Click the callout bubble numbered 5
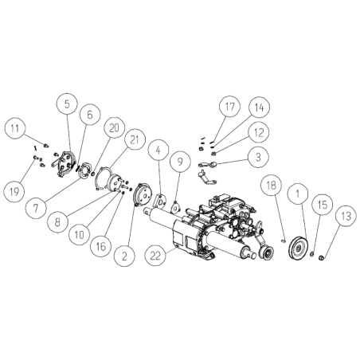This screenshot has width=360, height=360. point(68,104)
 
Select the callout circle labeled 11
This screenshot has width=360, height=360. point(15,128)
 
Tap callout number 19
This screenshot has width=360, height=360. point(14,191)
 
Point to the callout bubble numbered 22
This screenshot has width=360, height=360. point(155,256)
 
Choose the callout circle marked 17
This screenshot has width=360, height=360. point(230,107)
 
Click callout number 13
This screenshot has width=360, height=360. point(346,216)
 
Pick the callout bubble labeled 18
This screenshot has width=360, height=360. point(271,185)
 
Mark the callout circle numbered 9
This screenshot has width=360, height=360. point(180,162)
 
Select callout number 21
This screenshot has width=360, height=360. point(135,139)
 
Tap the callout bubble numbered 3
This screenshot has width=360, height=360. point(258,157)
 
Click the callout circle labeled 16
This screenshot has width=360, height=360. point(101,246)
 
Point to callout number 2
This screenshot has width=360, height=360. point(124,256)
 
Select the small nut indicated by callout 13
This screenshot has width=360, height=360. point(321,257)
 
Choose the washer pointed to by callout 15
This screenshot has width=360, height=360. point(312,255)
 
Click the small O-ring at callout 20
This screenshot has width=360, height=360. point(92,174)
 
